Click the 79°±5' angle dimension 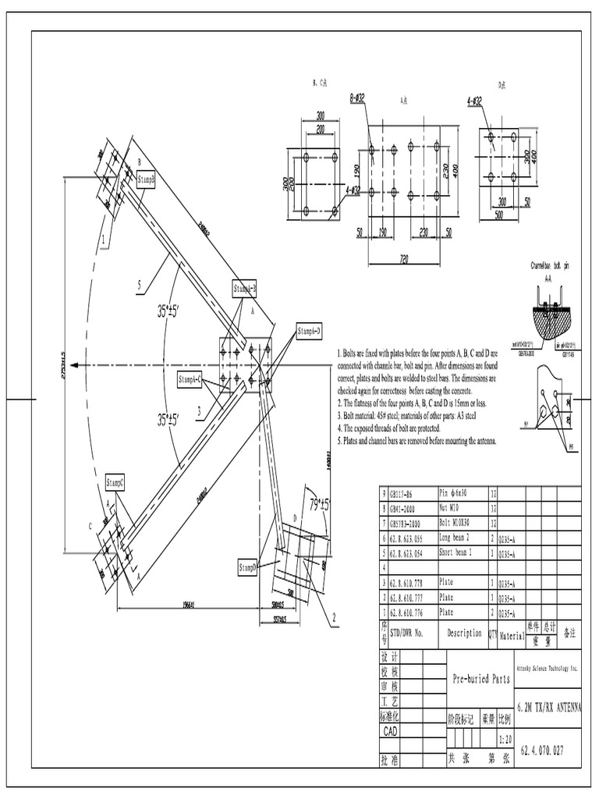click(319, 504)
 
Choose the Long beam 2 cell click(463, 538)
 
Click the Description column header click(465, 634)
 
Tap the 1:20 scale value click(506, 738)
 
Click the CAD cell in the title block click(390, 732)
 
